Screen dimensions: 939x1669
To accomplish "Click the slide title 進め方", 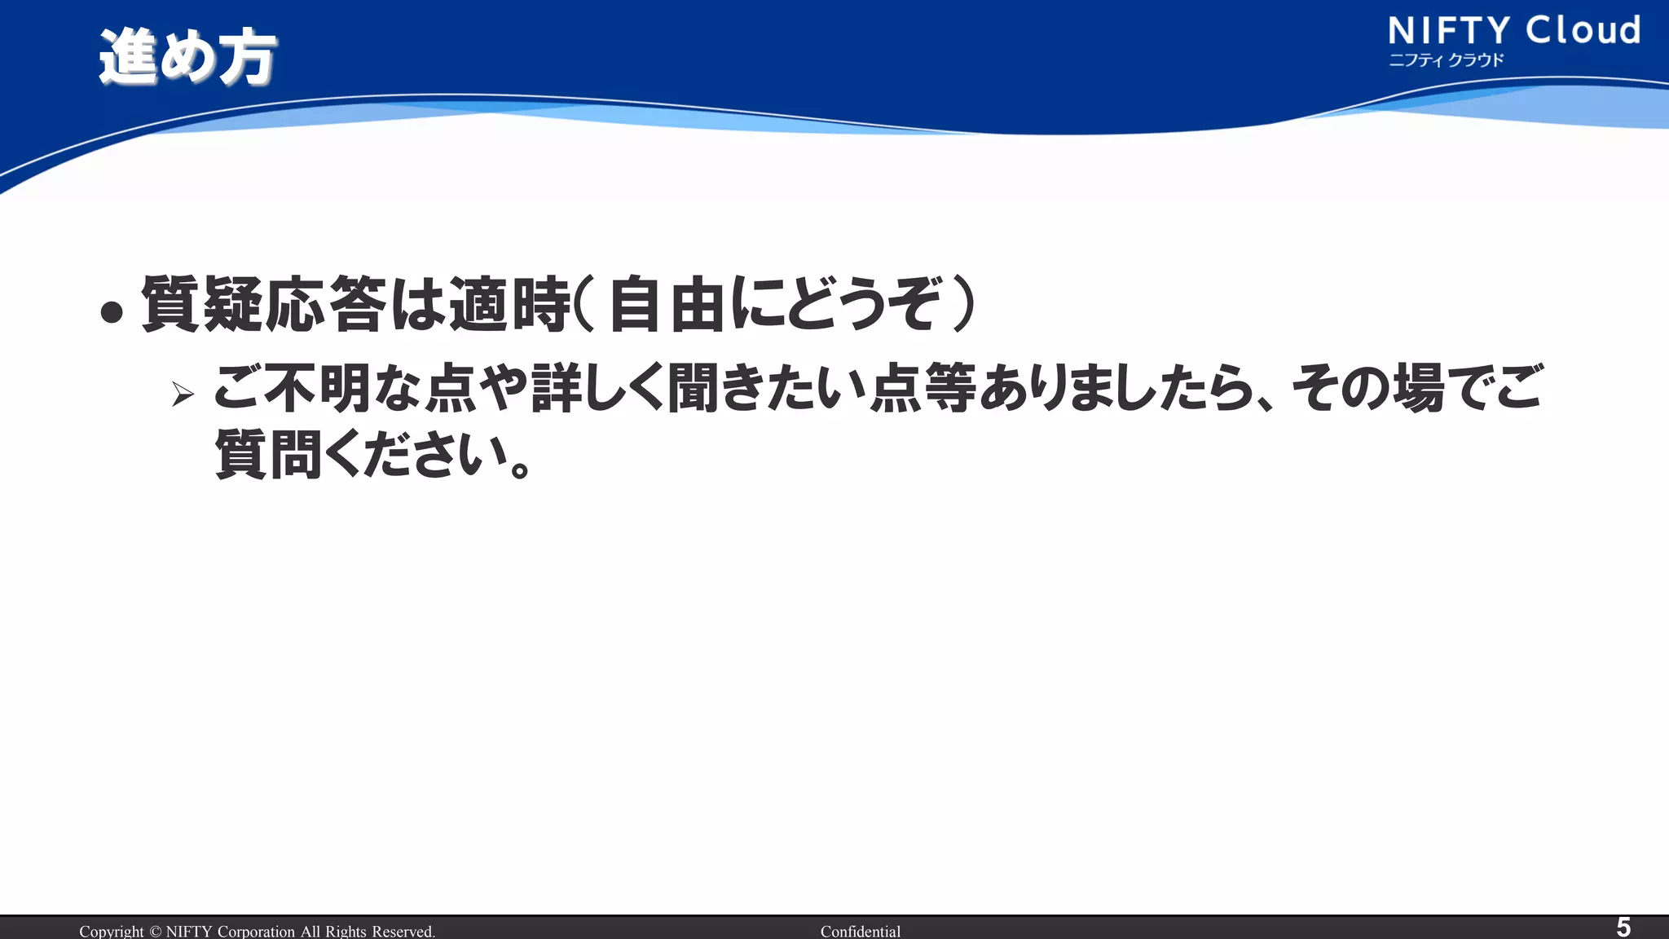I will point(187,57).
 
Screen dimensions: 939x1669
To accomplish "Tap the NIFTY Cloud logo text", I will point(1513,31).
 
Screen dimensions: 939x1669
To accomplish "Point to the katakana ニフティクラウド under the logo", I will point(1446,60).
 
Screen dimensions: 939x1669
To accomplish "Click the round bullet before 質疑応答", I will point(112,311).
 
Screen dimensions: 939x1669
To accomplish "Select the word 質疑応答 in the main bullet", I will point(263,305).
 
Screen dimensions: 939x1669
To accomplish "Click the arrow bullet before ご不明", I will point(183,395).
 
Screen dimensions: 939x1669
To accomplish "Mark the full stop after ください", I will point(519,469).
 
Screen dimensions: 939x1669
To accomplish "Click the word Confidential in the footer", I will point(860,931).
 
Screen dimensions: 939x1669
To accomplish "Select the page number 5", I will point(1623,927).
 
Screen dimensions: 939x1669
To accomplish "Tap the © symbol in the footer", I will point(155,931).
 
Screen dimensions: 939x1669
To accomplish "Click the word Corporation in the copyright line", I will point(256,931).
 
